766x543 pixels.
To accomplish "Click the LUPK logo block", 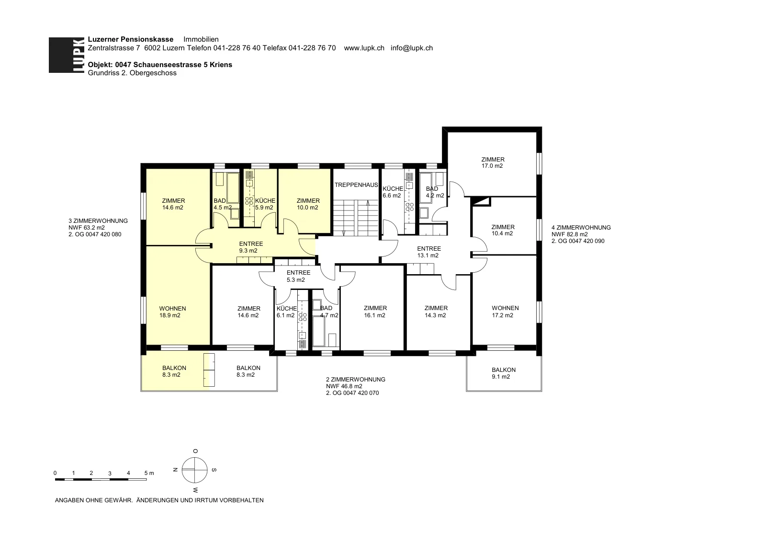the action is (x=67, y=55).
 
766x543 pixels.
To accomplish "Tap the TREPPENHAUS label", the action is (x=356, y=185).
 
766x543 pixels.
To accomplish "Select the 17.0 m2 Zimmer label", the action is (x=493, y=162).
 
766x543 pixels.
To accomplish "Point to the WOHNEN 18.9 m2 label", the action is (x=172, y=312).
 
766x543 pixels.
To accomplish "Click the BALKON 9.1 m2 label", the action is (x=503, y=373).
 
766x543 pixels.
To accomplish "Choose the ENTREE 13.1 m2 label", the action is (x=429, y=252).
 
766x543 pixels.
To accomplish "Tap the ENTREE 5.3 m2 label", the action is (x=298, y=277).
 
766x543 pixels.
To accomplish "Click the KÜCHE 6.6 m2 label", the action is (x=393, y=192).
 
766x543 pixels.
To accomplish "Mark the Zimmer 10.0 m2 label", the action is (x=308, y=204).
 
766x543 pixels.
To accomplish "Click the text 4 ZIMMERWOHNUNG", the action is (x=581, y=228).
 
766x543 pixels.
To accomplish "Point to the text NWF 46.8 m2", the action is (x=344, y=386).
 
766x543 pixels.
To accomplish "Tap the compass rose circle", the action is (x=194, y=470).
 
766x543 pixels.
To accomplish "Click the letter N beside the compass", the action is (x=175, y=470).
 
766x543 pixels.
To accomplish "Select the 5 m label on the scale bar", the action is (x=149, y=473).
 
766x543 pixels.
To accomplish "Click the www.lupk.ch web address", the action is (x=364, y=48).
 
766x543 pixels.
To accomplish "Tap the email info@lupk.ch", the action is (x=412, y=48).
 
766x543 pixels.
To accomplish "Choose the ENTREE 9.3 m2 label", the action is (x=251, y=247).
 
